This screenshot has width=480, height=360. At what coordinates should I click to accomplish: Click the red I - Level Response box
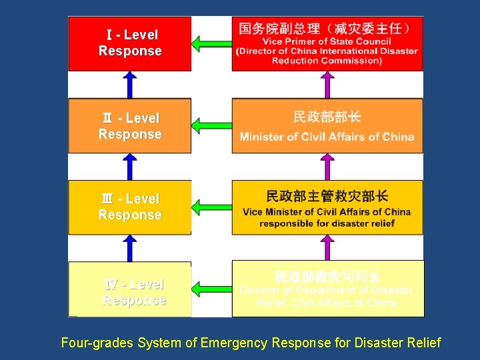[x=129, y=43]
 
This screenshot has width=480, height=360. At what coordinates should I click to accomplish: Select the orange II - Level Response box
[x=129, y=126]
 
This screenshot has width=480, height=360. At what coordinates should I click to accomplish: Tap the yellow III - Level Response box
[x=129, y=207]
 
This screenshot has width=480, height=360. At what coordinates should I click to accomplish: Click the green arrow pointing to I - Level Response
[x=211, y=44]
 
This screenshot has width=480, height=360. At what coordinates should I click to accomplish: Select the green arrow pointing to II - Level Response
[x=211, y=125]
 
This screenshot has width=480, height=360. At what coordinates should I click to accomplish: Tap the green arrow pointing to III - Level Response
[x=211, y=207]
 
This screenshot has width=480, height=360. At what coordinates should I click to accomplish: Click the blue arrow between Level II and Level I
[x=130, y=85]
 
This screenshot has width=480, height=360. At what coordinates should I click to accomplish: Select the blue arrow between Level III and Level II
[x=130, y=167]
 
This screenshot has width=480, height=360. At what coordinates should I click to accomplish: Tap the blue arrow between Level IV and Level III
[x=130, y=247]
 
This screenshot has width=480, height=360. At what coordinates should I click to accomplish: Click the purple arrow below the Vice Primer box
[x=327, y=85]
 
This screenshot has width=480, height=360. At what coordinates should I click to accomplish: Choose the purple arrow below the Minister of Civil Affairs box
[x=327, y=167]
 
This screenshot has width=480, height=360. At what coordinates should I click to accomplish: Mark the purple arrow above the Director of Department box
[x=327, y=247]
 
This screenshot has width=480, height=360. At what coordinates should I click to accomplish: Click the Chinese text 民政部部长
[x=327, y=117]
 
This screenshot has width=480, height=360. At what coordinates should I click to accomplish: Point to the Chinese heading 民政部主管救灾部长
[x=327, y=196]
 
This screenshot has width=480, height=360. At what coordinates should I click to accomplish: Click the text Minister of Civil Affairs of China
[x=327, y=137]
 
